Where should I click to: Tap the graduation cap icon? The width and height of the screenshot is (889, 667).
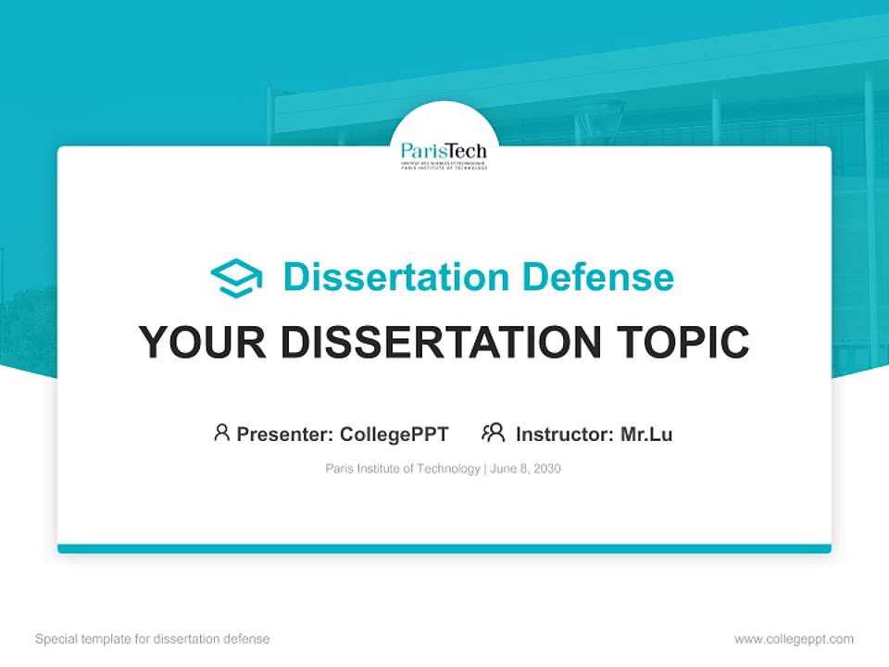pos(236,278)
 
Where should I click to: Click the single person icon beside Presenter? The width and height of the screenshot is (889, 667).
pos(221,433)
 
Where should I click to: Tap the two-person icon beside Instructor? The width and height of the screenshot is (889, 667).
pos(494,433)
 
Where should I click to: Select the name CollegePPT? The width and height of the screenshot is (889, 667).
pos(394,434)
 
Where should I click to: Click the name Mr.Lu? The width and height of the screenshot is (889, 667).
pos(646,434)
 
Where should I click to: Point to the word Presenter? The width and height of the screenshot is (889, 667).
pos(285,434)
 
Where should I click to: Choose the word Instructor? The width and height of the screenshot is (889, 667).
pos(565,434)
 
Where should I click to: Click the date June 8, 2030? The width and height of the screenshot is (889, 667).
pos(525,469)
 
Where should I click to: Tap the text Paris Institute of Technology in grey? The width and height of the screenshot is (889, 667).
pos(402,469)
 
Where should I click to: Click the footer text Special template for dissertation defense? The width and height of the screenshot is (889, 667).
pos(152,639)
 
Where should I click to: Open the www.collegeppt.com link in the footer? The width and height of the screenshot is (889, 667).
pos(794,639)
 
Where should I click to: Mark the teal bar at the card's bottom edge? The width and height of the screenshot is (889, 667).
pos(444,548)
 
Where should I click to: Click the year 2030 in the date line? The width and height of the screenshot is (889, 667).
pos(546,469)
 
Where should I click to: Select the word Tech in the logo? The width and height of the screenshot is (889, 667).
pos(466,151)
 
